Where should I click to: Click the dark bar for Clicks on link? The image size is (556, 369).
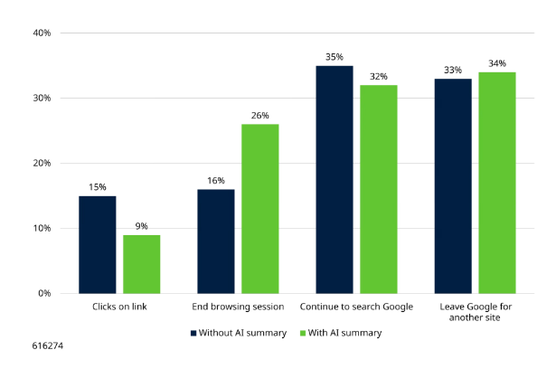pos(97,244)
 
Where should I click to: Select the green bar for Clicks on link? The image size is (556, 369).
pos(141,263)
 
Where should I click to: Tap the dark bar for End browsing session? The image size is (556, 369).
pos(215,241)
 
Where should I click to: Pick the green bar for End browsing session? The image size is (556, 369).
pos(259,208)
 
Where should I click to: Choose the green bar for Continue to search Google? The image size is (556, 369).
pos(379,189)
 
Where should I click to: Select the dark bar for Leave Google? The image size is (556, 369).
pos(453,185)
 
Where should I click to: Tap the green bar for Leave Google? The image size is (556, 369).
pos(497,182)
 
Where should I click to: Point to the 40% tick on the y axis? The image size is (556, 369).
pos(41,33)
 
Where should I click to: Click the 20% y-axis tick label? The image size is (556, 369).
pos(41,164)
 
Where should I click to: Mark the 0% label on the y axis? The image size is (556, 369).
pos(43,294)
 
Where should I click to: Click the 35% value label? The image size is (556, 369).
pos(335,57)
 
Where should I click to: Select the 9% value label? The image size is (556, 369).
pos(141,226)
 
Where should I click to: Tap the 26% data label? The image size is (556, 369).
pos(259,116)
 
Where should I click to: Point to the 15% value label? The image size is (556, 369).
pos(97,187)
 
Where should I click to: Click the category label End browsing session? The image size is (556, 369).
pos(238,307)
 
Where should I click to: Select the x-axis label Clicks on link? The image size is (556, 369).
pos(119,307)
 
